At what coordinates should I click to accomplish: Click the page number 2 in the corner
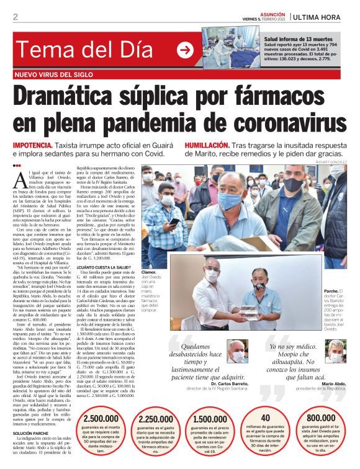pyautogui.click(x=15, y=16)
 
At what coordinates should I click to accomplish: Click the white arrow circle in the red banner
pyautogui.click(x=185, y=51)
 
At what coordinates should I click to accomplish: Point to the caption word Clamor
pyautogui.click(x=148, y=272)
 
